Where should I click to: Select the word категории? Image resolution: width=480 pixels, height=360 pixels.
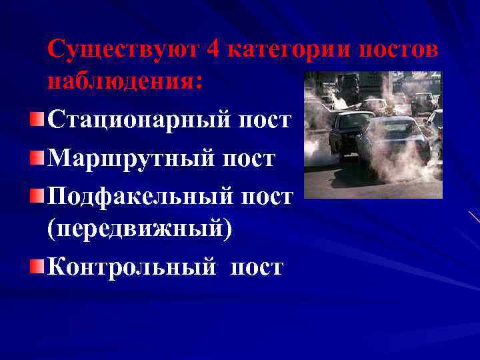289,50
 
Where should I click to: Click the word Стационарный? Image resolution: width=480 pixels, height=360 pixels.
137,121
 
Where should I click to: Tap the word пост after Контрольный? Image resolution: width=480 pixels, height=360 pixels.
257,267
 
